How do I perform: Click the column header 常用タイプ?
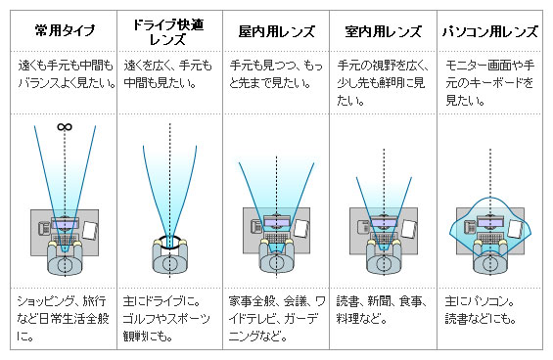click(x=66, y=30)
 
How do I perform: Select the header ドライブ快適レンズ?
click(x=168, y=31)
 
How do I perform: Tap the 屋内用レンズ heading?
click(x=277, y=31)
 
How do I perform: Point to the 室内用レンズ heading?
click(x=384, y=31)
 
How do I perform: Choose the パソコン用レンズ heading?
click(x=490, y=31)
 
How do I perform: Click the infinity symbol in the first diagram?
click(x=65, y=126)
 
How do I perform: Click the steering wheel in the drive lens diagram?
click(x=170, y=242)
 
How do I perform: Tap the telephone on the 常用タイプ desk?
click(x=44, y=227)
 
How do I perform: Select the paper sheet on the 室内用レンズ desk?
click(x=409, y=229)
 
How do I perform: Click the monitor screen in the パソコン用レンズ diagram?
click(x=490, y=223)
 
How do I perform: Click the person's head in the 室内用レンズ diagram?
click(x=384, y=264)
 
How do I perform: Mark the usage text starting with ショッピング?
click(x=63, y=319)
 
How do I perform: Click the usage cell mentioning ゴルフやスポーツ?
click(x=166, y=319)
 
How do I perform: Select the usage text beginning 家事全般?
click(x=277, y=319)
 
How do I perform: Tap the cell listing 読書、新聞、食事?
click(x=382, y=310)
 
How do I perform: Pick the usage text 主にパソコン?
click(x=481, y=310)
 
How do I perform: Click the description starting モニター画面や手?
click(x=490, y=83)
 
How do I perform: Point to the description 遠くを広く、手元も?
click(x=168, y=74)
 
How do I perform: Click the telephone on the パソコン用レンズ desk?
click(x=470, y=227)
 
